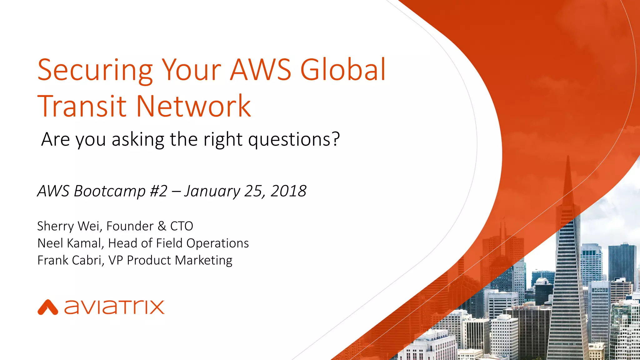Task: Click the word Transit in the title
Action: click(82, 106)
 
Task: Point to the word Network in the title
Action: click(193, 106)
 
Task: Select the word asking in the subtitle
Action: click(138, 139)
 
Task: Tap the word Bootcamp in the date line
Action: click(109, 191)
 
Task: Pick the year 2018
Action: click(288, 191)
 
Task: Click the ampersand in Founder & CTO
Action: click(162, 226)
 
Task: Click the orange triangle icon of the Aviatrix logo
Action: click(48, 307)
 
